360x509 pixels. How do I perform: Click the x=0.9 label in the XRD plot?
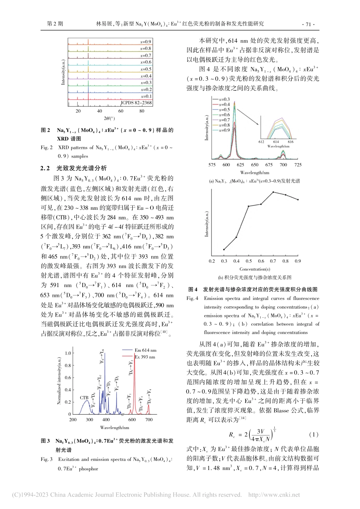pos(146,42)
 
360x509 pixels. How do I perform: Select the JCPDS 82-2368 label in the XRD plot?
pos(136,103)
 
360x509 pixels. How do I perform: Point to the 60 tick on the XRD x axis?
pos(121,111)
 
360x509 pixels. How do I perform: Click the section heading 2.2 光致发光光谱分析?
pos(74,168)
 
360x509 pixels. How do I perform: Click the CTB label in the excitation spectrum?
pos(84,398)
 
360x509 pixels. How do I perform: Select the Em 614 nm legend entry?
pos(145,350)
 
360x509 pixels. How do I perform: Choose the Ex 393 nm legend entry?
pos(145,357)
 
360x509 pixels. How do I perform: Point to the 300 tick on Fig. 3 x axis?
pos(89,420)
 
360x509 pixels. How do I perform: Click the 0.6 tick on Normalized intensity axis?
pos(67,378)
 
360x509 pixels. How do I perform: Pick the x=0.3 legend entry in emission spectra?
pos(224,99)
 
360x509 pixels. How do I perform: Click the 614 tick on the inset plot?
pos(276,142)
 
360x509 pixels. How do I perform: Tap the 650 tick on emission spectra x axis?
pos(255,165)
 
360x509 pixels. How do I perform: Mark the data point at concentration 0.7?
pos(273,192)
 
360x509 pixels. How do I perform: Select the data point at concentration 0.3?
pos(224,250)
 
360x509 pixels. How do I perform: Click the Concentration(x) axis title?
pos(255,269)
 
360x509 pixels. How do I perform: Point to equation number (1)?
pos(314,434)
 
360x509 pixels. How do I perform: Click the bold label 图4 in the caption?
pos(193,289)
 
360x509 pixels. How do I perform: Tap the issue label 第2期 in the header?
pos(55,24)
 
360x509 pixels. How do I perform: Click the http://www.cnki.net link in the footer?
pos(274,495)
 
